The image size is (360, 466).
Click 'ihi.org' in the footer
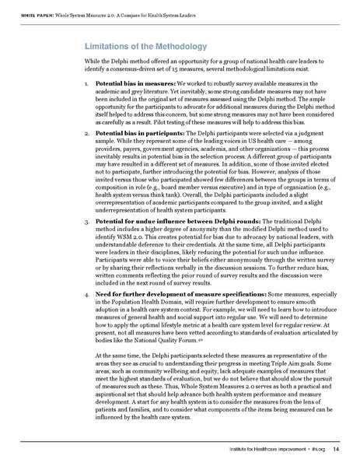317,451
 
